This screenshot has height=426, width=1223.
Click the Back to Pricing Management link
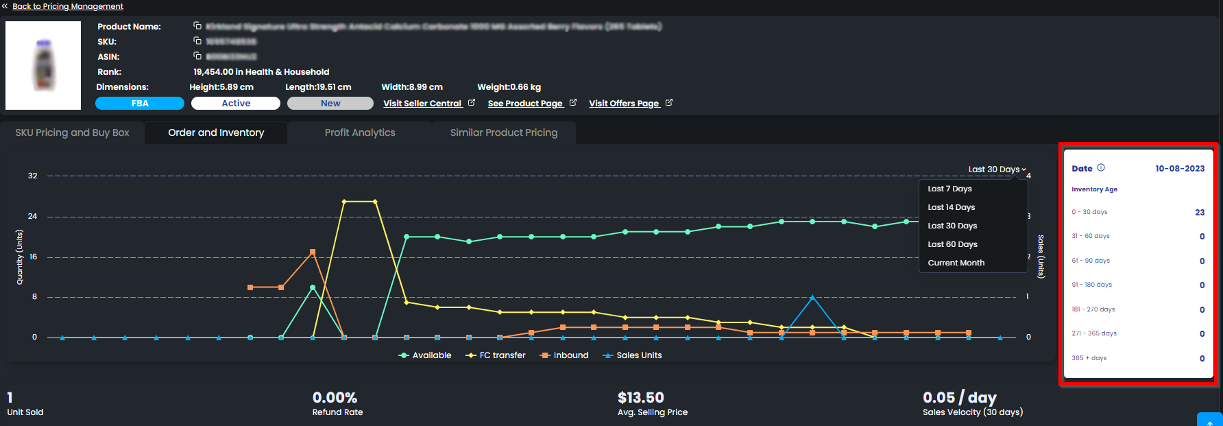[x=67, y=6]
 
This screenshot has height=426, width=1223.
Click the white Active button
[x=235, y=104]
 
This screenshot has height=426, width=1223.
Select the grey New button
[x=330, y=104]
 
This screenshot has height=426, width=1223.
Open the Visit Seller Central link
[x=422, y=104]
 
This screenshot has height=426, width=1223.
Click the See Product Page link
[x=525, y=104]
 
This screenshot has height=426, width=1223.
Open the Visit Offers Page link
[x=624, y=104]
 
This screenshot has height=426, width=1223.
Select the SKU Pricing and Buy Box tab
[x=72, y=132]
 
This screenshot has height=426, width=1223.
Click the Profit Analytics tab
[x=360, y=132]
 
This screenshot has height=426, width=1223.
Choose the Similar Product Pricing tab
[x=504, y=132]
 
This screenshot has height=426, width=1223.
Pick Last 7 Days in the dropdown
[x=949, y=189]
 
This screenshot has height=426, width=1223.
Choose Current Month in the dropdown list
[x=956, y=263]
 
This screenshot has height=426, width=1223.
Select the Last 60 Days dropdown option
[x=952, y=244]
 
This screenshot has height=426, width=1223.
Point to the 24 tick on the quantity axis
[x=32, y=216]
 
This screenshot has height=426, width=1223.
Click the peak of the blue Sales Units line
[x=812, y=298]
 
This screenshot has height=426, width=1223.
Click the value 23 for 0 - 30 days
[x=1199, y=213]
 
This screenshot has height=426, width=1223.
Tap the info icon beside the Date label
[x=1101, y=167]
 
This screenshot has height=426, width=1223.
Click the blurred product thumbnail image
[x=43, y=66]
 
